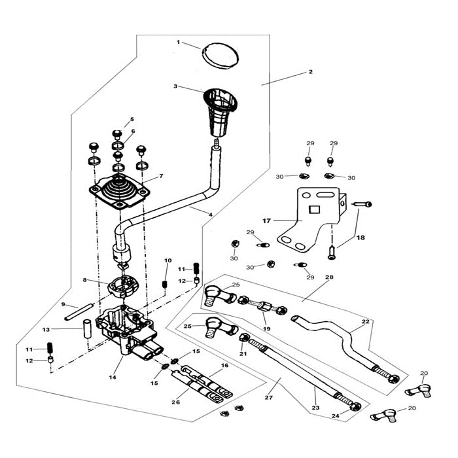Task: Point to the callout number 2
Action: tap(311, 72)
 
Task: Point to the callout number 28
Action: tap(329, 277)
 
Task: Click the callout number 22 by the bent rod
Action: tap(365, 322)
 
